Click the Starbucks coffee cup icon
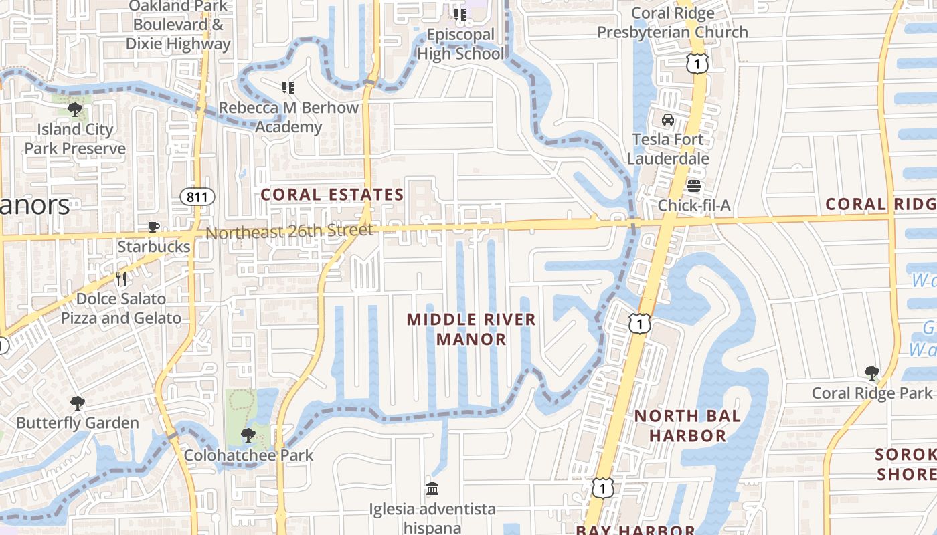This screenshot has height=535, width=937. tap(154, 227)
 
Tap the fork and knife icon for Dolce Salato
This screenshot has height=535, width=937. tap(121, 278)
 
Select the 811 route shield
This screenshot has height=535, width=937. tap(197, 197)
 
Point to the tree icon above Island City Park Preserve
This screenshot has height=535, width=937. tap(75, 109)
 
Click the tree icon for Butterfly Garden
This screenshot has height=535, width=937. tap(78, 403)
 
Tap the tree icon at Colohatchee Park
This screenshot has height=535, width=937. tap(248, 436)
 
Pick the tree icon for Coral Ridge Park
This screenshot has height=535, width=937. tap(871, 372)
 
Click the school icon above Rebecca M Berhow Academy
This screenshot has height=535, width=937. tap(288, 88)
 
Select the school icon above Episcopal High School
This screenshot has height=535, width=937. tap(460, 15)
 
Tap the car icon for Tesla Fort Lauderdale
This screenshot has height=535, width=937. tap(667, 120)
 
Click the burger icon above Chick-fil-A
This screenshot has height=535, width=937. tap(693, 185)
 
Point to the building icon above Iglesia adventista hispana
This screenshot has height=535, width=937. tap(432, 489)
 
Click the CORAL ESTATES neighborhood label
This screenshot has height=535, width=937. tap(332, 195)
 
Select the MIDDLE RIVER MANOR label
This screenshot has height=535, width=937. tap(472, 328)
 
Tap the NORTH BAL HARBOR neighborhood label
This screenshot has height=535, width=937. tap(687, 425)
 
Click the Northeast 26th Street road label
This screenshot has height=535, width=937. tap(289, 231)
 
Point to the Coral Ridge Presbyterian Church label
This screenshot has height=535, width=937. tap(673, 23)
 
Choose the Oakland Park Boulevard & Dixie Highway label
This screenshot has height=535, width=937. tap(178, 25)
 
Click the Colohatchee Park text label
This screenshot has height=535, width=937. tap(248, 456)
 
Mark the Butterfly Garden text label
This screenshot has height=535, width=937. tap(78, 423)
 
